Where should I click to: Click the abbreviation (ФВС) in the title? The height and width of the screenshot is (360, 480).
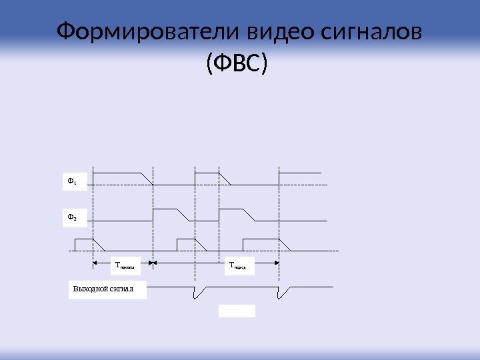click(x=236, y=65)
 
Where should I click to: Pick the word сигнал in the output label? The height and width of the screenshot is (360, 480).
click(x=124, y=289)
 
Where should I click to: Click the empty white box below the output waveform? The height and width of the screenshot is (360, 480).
click(x=237, y=310)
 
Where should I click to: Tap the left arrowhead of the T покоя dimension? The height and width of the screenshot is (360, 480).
click(x=95, y=263)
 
